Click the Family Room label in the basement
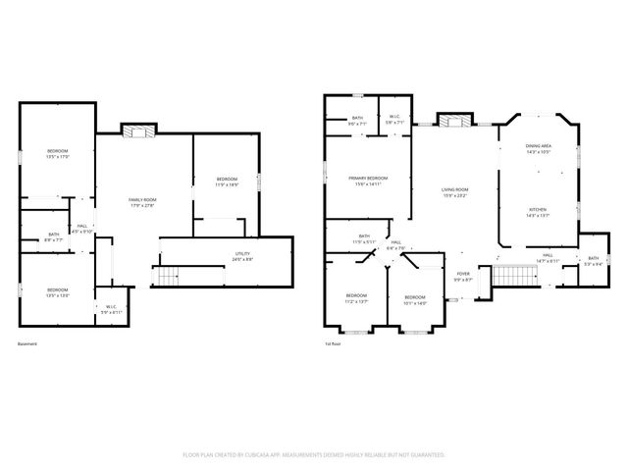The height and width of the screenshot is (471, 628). [142, 202]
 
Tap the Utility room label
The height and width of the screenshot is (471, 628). [242, 256]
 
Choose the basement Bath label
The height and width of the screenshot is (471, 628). [55, 236]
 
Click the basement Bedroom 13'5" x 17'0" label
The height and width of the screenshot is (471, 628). [57, 153]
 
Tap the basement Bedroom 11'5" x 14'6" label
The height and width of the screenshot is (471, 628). [228, 181]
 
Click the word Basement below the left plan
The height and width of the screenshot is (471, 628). [27, 344]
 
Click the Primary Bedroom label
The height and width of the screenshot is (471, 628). [368, 181]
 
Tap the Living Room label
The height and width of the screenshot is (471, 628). [453, 192]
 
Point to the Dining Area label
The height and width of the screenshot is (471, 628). [539, 149]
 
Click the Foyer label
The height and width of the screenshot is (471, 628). [464, 277]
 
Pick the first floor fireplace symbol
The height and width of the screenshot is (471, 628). [452, 122]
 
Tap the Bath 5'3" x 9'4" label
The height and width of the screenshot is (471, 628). [592, 262]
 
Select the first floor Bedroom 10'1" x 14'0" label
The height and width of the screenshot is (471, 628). [415, 299]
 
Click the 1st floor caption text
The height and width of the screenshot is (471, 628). [333, 344]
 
